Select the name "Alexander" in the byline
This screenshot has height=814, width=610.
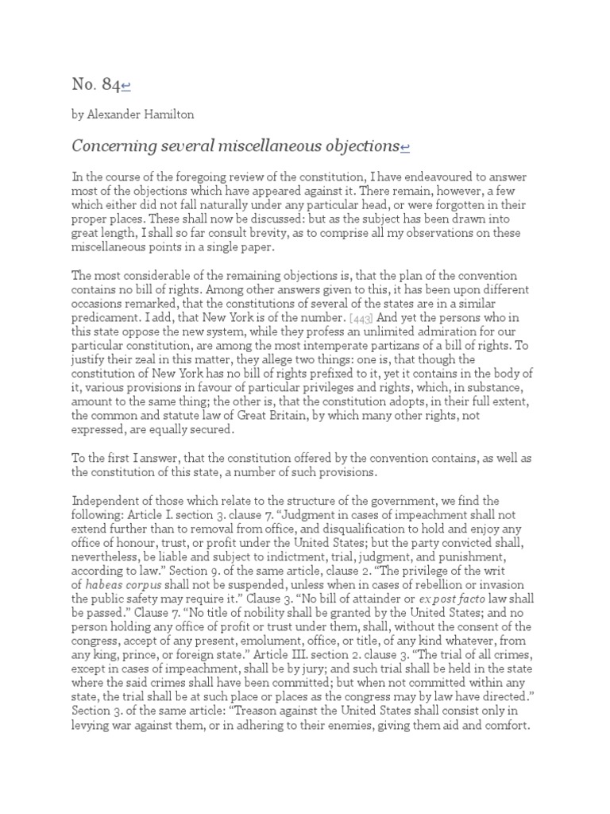coord(117,114)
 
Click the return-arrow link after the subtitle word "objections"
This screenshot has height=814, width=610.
coord(405,147)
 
